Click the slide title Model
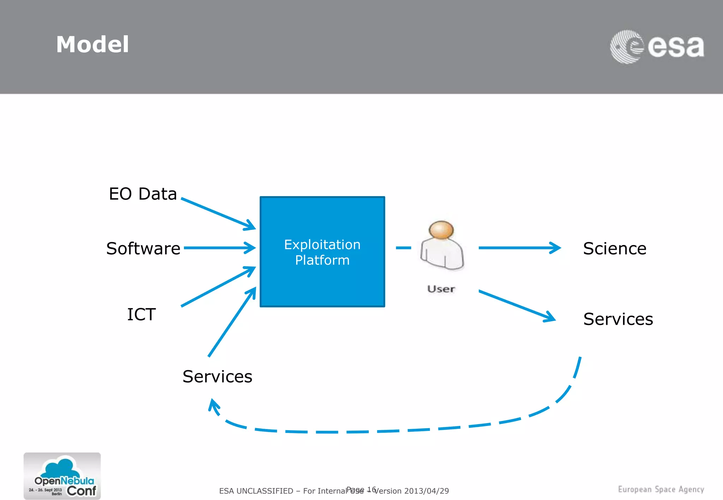(x=92, y=45)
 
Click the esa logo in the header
(x=657, y=47)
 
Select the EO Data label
(x=143, y=194)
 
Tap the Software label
(x=143, y=249)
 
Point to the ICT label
(x=141, y=314)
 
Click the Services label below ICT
(x=217, y=377)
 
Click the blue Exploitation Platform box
(x=322, y=252)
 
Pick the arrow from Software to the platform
(x=219, y=248)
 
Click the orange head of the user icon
(x=441, y=230)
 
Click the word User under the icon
(x=441, y=289)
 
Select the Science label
(x=615, y=249)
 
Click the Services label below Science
(x=618, y=319)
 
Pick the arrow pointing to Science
(x=519, y=248)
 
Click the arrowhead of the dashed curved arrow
(x=213, y=406)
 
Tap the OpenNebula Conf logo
(x=62, y=476)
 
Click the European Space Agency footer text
(x=661, y=489)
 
